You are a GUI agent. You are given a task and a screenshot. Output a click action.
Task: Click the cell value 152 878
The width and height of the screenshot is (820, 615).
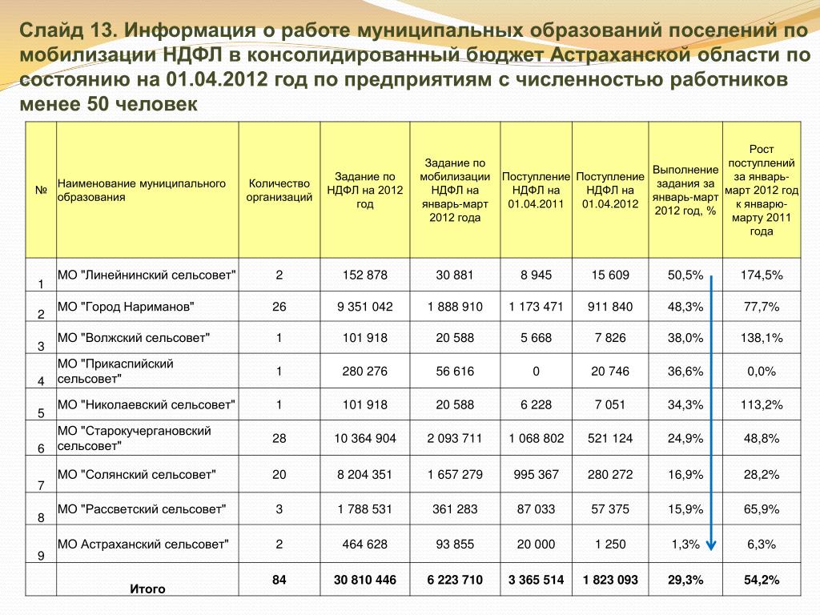point(365,275)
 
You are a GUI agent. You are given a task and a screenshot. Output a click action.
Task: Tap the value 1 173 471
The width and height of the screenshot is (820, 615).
point(536,307)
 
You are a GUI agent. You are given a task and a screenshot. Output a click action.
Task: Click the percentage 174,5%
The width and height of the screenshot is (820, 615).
point(761,275)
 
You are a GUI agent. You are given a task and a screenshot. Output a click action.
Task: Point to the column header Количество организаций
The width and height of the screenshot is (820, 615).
point(279,191)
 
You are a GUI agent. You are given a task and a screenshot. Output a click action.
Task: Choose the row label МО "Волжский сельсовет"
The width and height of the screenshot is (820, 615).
point(134,338)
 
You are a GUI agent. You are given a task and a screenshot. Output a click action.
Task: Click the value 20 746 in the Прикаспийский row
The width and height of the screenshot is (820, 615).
point(609,372)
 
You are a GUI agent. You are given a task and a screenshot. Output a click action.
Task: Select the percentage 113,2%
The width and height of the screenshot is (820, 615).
point(761,404)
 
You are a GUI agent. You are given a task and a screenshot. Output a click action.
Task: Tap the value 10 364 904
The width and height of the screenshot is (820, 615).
point(365,438)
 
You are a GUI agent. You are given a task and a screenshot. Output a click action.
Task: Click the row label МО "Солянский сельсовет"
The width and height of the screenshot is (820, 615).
point(137,475)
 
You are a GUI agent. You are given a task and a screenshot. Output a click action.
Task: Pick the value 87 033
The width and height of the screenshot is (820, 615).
point(536,508)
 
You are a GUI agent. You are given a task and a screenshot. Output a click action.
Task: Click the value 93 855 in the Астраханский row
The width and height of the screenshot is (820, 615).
point(455,545)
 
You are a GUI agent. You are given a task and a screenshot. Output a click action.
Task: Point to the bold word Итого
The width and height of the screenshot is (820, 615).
point(147,589)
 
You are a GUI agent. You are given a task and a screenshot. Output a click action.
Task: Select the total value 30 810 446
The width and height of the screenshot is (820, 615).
point(365,580)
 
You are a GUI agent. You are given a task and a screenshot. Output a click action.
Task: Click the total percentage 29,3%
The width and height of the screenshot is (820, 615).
point(685,580)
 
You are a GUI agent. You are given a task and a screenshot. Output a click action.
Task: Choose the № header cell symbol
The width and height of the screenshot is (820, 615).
point(40,191)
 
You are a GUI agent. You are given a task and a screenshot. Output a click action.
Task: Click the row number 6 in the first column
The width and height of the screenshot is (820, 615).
point(40,448)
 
